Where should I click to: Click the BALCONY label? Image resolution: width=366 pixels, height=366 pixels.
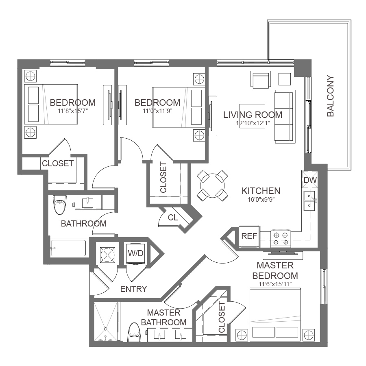(x=331, y=96)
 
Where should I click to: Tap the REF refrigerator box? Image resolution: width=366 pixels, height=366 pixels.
(x=249, y=236)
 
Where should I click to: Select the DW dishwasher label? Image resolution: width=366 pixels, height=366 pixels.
(x=310, y=180)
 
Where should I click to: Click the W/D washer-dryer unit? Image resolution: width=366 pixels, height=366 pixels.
(x=135, y=253)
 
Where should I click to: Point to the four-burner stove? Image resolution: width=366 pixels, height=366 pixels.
(x=281, y=239)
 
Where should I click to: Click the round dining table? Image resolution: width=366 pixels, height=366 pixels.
(x=212, y=186)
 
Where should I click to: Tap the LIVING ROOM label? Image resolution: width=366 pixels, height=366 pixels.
(x=253, y=115)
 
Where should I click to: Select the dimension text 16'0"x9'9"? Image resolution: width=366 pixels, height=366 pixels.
(x=261, y=200)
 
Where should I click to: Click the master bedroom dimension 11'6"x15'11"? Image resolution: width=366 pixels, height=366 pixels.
(x=275, y=284)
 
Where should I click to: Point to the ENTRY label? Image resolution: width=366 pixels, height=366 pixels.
(x=133, y=289)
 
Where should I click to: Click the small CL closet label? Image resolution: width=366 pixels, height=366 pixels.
(x=173, y=218)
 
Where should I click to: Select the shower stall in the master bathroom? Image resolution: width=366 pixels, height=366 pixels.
(x=106, y=321)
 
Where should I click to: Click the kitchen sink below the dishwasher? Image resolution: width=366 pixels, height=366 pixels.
(x=309, y=201)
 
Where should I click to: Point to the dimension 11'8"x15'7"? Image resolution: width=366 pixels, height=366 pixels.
(x=73, y=111)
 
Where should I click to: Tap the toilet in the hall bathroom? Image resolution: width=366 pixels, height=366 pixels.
(x=59, y=205)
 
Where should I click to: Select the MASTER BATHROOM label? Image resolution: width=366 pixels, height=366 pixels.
(x=163, y=318)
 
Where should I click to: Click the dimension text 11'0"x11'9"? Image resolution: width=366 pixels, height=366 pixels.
(x=157, y=111)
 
